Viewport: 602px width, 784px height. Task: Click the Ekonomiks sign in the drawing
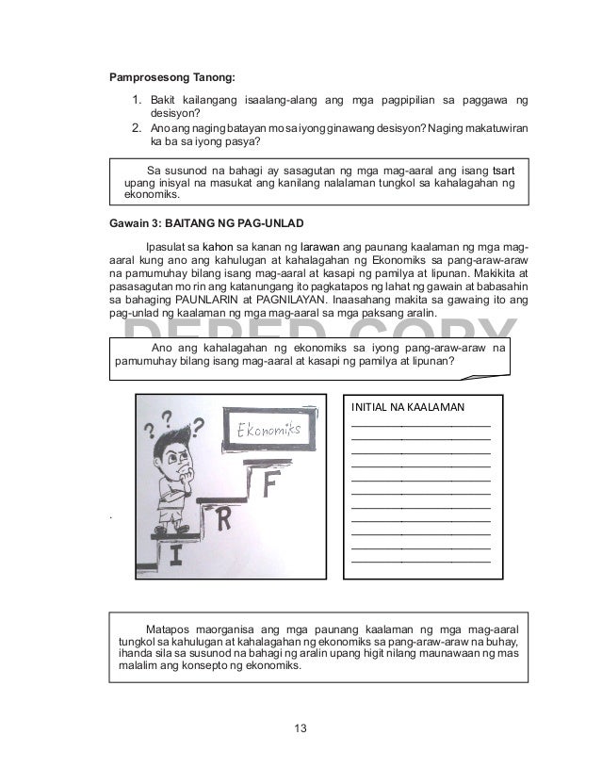point(268,430)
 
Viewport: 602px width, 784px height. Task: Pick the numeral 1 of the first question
point(136,99)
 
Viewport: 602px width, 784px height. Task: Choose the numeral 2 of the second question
point(136,128)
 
